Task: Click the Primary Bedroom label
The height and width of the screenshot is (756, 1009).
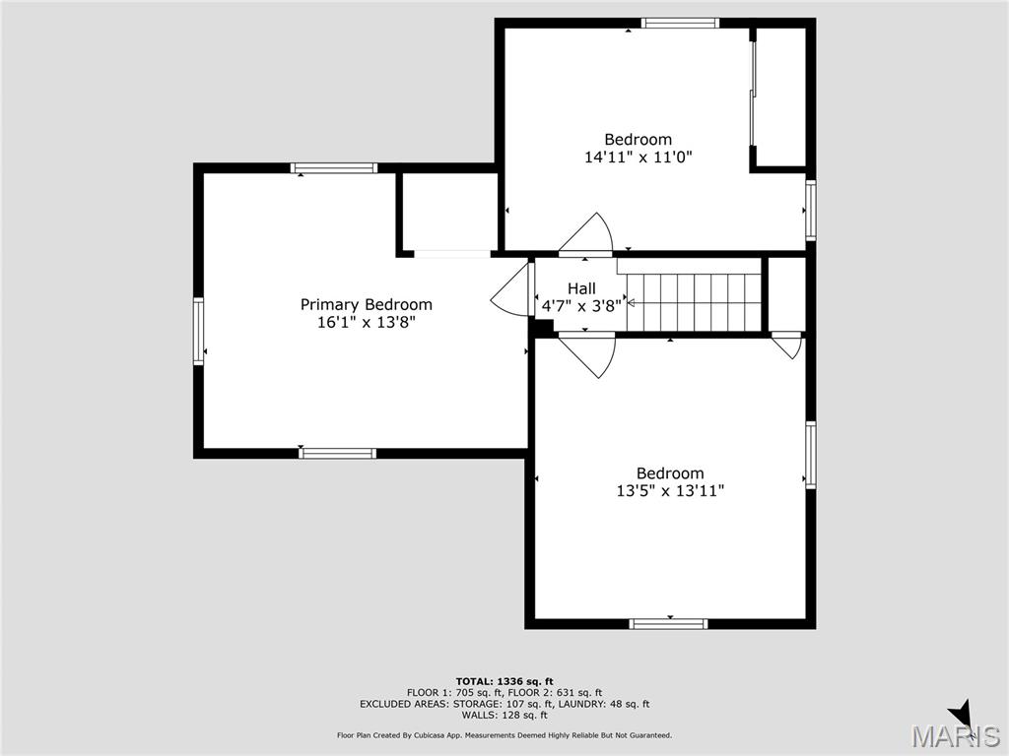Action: coord(366,305)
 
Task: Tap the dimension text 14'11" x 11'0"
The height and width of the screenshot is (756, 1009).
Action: coord(644,157)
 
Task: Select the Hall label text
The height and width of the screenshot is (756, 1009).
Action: coord(581,288)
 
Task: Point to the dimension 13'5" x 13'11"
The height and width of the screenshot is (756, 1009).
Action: coord(670,490)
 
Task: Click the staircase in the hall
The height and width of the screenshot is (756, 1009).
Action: coord(694,302)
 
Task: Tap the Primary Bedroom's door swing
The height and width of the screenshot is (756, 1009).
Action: coord(511,290)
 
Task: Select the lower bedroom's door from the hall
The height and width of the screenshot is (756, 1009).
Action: coord(589,355)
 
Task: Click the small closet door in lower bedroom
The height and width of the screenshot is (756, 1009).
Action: coord(787,346)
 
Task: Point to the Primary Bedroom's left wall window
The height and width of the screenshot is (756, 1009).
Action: coord(198,331)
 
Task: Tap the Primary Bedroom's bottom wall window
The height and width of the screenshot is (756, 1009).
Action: coord(337,453)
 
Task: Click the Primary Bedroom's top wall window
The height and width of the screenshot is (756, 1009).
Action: coord(334,168)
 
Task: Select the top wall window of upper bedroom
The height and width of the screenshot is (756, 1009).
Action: coord(680,23)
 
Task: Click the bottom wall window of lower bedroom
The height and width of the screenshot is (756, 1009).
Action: coord(668,623)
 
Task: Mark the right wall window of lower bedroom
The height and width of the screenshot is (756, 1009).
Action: coord(810,455)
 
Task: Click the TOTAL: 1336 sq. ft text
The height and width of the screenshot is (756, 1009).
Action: coord(504,681)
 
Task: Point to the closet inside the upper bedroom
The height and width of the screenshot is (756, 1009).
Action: coord(781,96)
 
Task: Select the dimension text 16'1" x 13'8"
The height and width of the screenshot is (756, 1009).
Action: coord(366,322)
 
